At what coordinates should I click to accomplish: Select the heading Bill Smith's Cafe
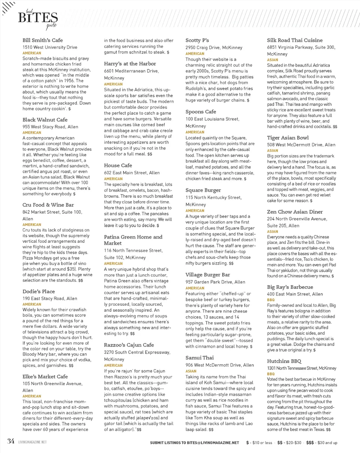[x=42, y=40]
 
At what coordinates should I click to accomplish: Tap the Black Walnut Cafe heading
[x=45, y=120]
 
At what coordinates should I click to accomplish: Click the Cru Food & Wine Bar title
[x=48, y=205]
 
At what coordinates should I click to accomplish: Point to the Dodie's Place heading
[x=39, y=291]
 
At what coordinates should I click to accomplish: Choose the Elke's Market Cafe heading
[x=45, y=376]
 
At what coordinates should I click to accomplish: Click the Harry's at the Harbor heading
[x=130, y=63]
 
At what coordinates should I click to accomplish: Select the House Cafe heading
[x=118, y=165]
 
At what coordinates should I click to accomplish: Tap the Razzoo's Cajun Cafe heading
[x=129, y=345]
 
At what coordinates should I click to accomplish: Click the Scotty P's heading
[x=197, y=40]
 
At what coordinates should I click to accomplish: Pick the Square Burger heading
[x=203, y=190]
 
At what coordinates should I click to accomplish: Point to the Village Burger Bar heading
[x=208, y=275]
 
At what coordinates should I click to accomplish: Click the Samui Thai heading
[x=199, y=357]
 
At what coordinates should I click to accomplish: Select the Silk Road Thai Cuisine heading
[x=295, y=40]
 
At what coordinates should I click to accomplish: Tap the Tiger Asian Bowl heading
[x=288, y=138]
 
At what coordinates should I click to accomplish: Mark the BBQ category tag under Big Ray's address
[x=271, y=300]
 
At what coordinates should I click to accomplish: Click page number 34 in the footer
[x=10, y=441]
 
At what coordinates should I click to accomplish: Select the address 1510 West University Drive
[x=50, y=47]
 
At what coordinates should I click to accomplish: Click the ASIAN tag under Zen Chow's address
[x=273, y=232]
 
